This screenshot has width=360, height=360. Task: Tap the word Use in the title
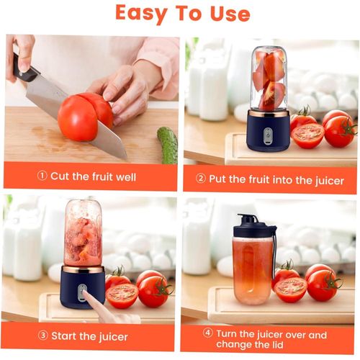tap(230, 14)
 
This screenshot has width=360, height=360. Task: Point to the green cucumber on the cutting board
tap(168, 145)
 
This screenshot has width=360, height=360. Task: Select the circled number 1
tap(42, 176)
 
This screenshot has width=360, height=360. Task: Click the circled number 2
tap(201, 179)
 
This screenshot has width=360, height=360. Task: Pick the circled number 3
tap(43, 336)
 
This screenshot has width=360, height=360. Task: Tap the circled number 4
tap(208, 333)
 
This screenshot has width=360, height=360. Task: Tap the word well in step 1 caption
tap(126, 177)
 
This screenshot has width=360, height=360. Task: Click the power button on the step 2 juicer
tap(268, 135)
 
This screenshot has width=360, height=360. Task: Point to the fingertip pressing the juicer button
tap(83, 292)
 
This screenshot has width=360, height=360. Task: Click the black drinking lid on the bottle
tap(252, 225)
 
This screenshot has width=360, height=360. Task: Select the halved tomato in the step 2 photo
tap(307, 135)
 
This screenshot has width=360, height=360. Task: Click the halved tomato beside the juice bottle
tap(290, 289)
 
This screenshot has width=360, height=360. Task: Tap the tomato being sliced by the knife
tap(84, 117)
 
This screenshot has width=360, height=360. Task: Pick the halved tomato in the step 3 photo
tap(122, 296)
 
